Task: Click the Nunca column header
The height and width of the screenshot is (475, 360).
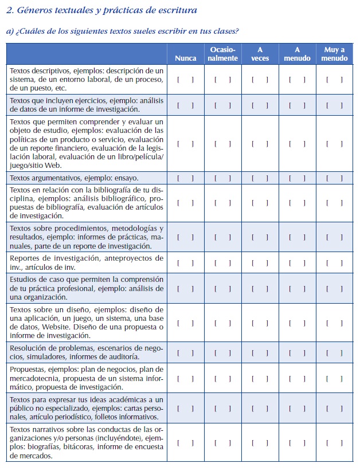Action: [185, 58]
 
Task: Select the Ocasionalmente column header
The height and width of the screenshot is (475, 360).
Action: [222, 54]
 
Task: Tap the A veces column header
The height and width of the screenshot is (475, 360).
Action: [260, 54]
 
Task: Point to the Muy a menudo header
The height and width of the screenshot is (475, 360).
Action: [334, 54]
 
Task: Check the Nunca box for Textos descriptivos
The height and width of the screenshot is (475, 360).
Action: [185, 80]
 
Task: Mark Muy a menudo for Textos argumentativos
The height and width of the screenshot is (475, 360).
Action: [334, 178]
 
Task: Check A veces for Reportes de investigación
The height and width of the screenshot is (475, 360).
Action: [260, 263]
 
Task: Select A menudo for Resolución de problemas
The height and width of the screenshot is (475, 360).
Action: [297, 352]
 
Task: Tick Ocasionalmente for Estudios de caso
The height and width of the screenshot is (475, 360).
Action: [222, 289]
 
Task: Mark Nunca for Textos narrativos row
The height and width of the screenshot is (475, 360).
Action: [185, 442]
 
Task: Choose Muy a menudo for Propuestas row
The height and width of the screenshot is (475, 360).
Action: [334, 378]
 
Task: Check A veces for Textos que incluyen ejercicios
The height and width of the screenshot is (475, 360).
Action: [260, 105]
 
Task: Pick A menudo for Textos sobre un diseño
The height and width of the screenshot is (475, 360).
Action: [297, 323]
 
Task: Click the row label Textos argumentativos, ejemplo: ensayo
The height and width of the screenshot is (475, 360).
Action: [74, 178]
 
